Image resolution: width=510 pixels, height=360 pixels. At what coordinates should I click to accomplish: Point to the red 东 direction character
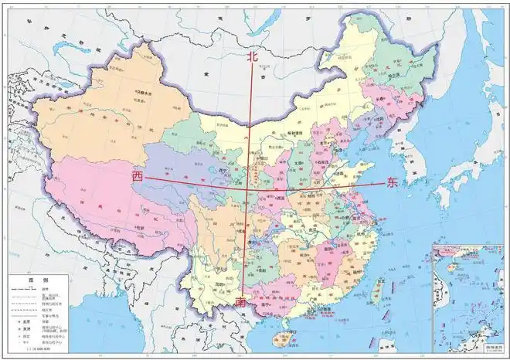pyautogui.click(x=393, y=183)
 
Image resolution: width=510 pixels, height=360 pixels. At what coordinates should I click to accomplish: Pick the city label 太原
pyautogui.click(x=298, y=164)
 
